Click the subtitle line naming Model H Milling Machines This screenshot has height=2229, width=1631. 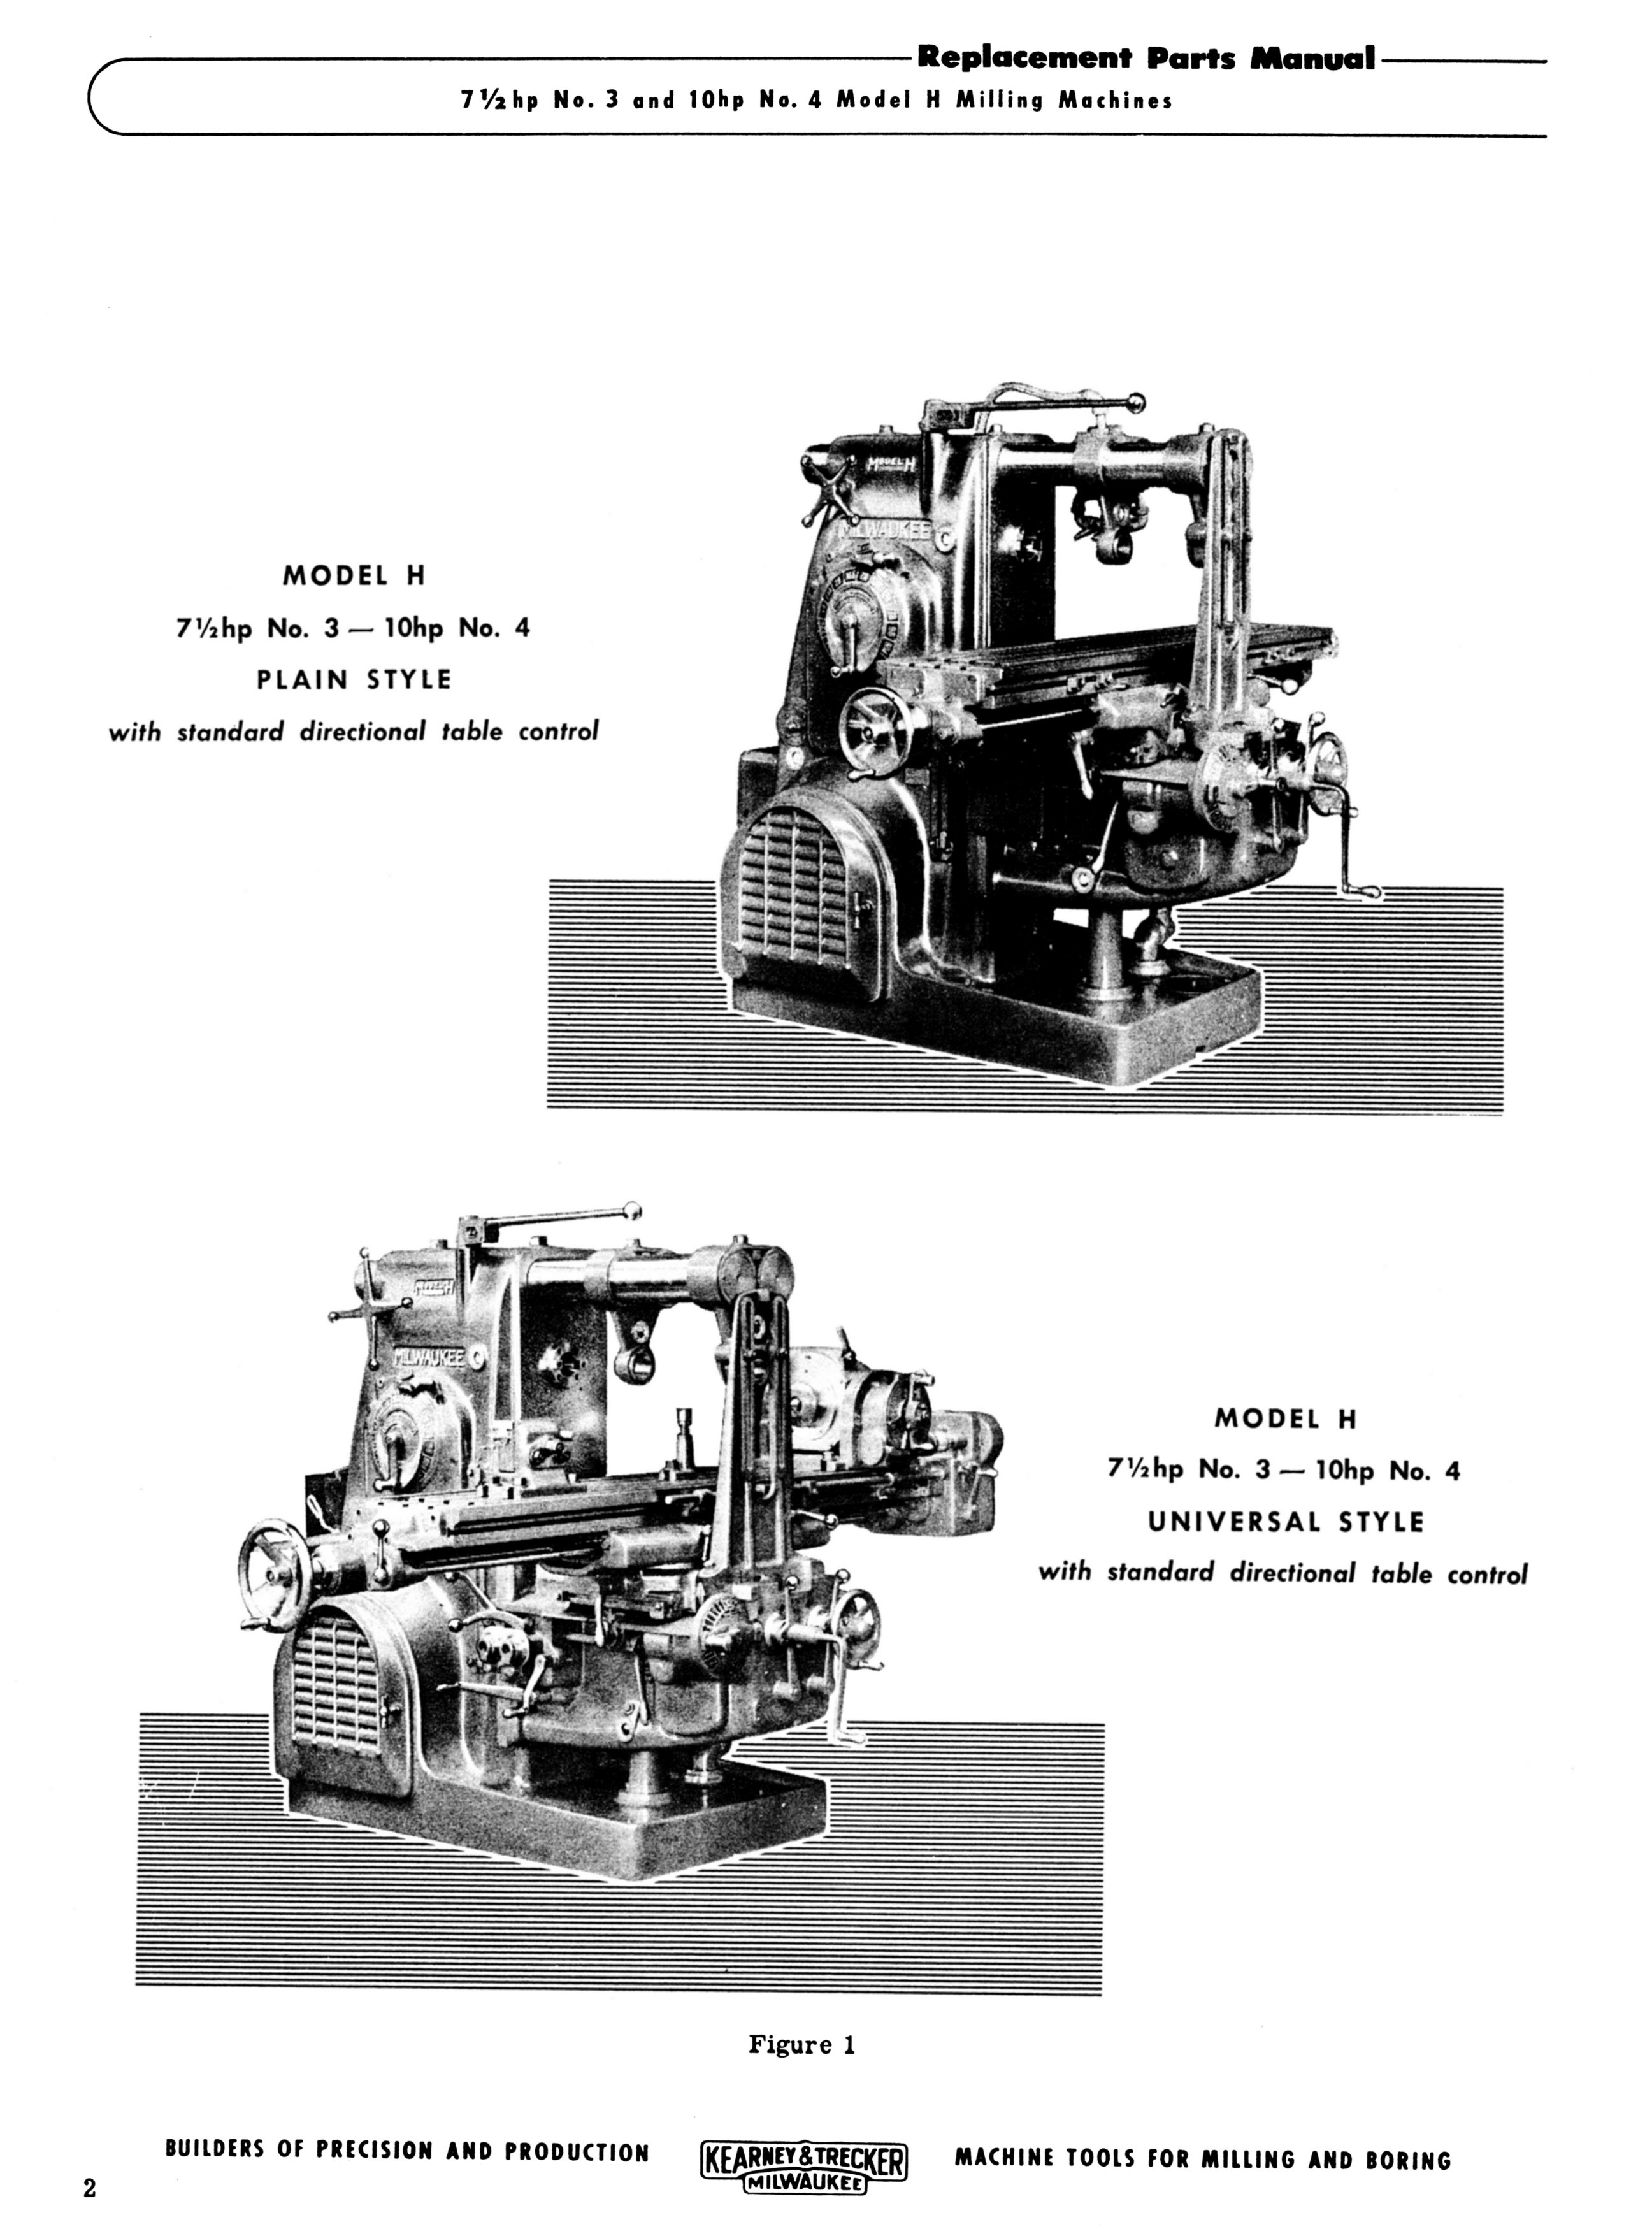point(817,101)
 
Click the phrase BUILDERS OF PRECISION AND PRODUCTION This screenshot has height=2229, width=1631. point(406,2151)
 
